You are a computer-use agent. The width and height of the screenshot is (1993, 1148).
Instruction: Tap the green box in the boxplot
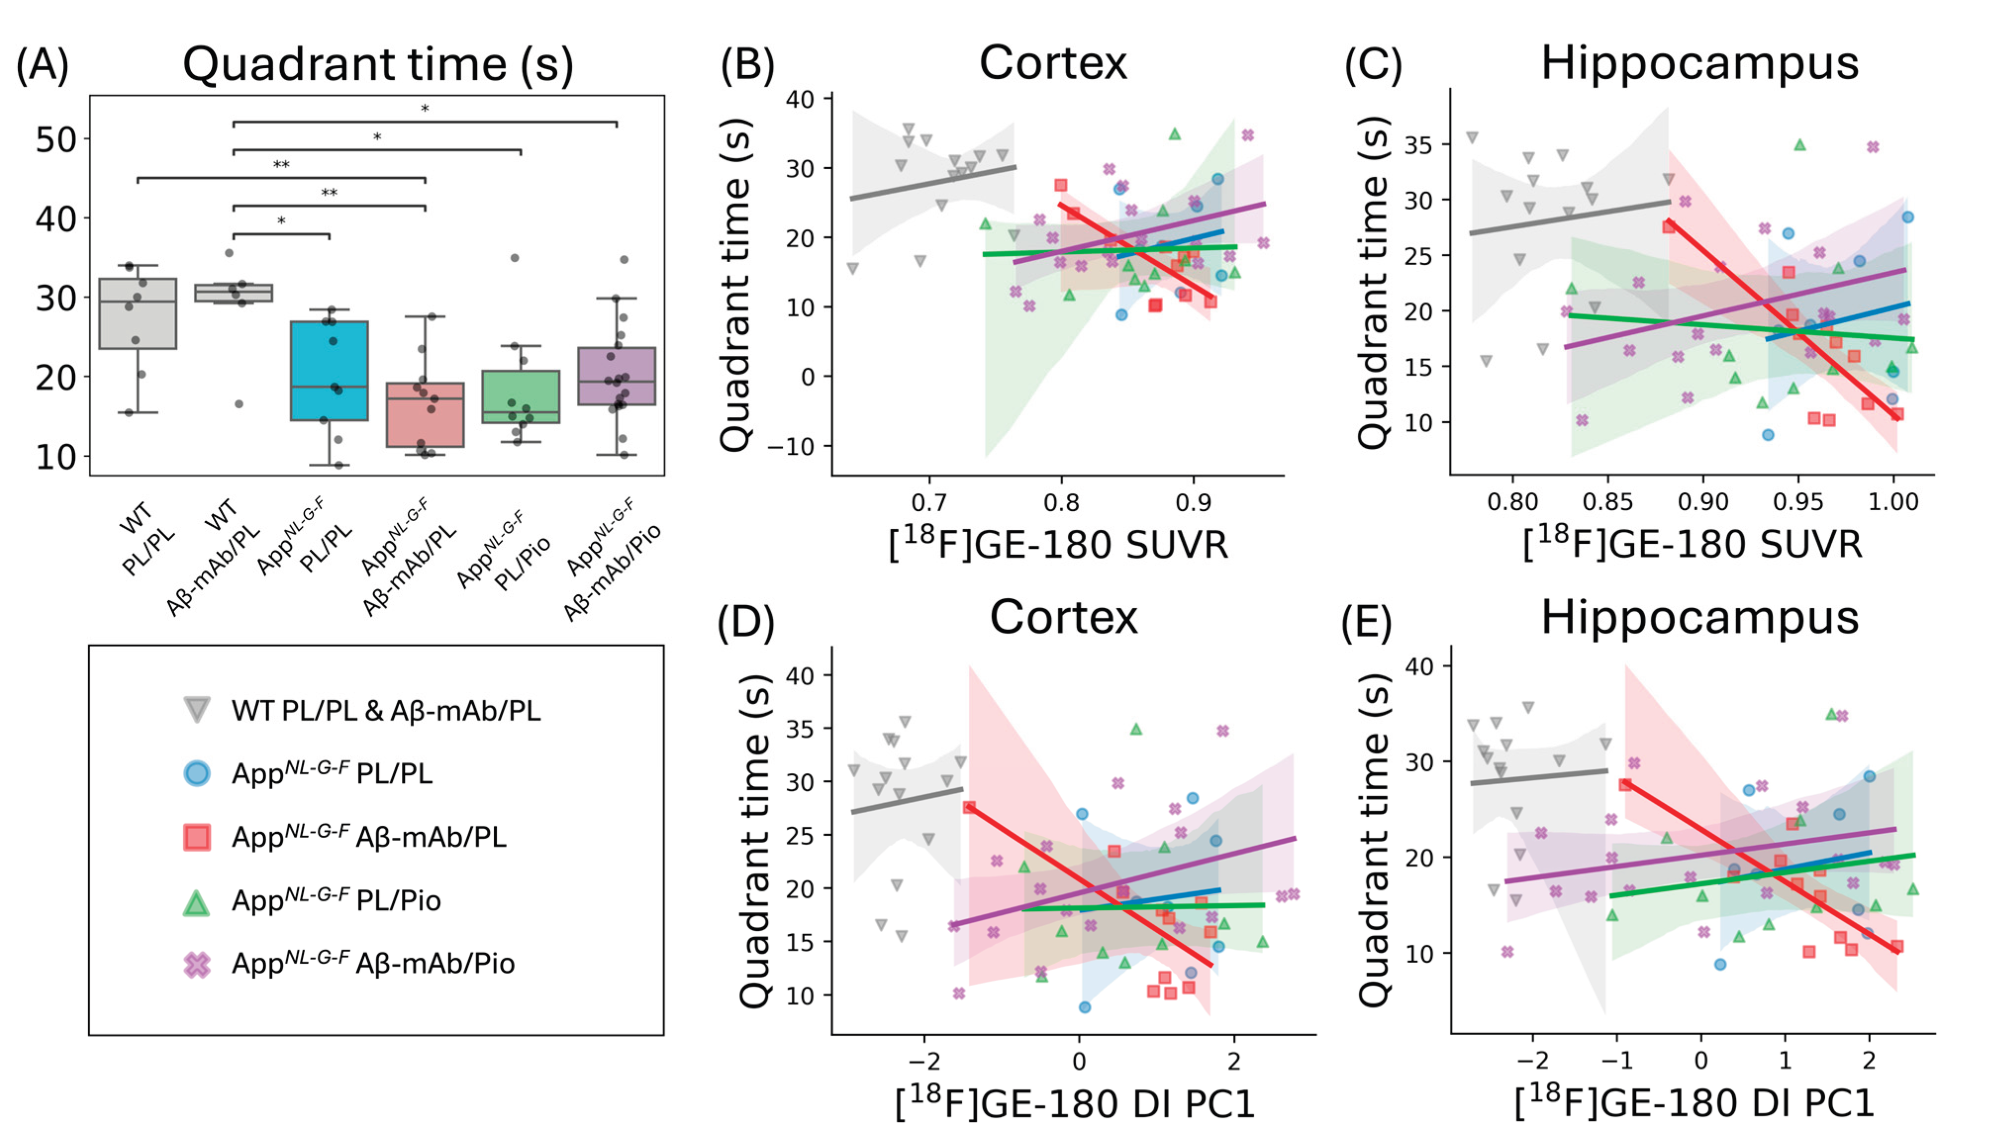click(x=521, y=396)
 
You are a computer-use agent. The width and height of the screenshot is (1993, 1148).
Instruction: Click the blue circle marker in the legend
click(x=196, y=773)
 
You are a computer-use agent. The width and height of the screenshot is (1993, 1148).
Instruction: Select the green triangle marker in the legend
click(x=196, y=901)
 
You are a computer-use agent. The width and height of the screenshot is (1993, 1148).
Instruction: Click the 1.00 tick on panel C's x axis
click(x=1893, y=502)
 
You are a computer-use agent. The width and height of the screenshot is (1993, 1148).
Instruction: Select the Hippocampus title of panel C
click(x=1700, y=63)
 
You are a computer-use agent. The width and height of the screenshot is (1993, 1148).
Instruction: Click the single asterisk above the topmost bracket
click(x=425, y=109)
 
